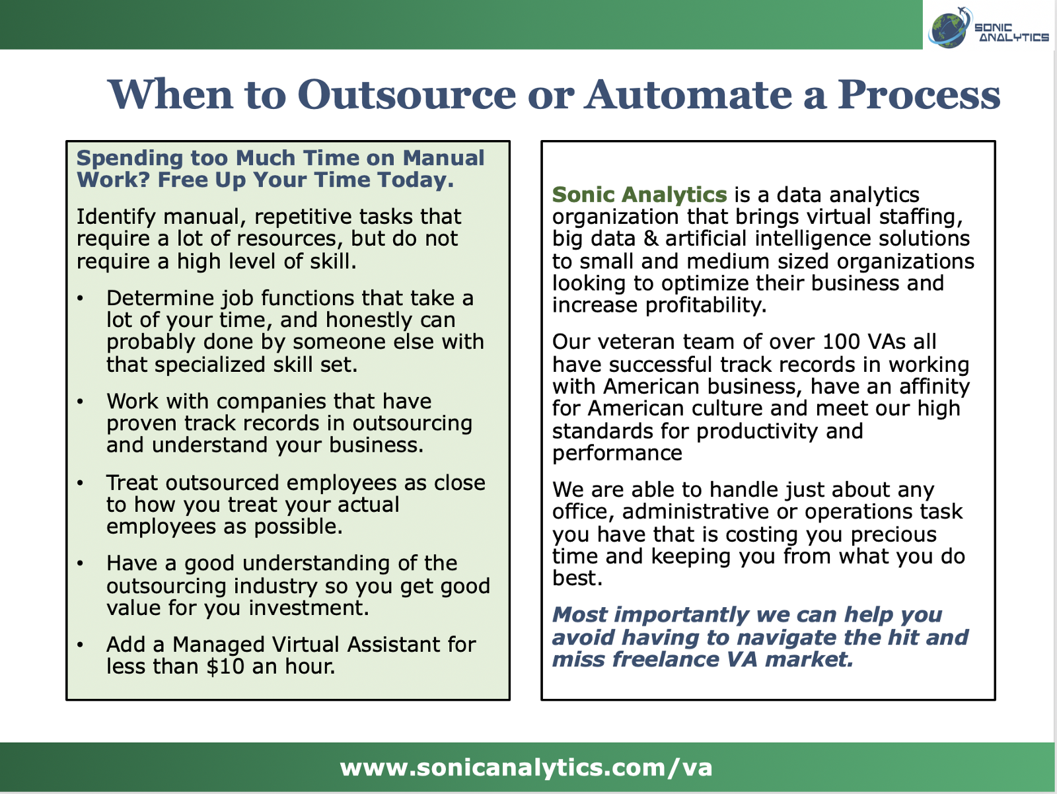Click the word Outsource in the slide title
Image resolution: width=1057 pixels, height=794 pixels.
click(x=407, y=94)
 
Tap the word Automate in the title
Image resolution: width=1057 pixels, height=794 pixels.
click(x=688, y=94)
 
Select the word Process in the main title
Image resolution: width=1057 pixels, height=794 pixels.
click(x=918, y=94)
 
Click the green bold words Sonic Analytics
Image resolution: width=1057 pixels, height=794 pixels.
click(x=639, y=195)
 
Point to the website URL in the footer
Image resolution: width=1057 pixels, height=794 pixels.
click(x=526, y=768)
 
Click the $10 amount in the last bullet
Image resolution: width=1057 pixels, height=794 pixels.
click(x=225, y=667)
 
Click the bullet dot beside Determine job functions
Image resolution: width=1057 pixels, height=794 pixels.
click(x=80, y=299)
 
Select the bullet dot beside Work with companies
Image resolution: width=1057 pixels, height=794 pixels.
click(x=80, y=402)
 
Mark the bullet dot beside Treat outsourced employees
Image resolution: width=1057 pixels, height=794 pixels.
click(x=80, y=483)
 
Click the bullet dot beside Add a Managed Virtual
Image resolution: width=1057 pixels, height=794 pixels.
click(x=80, y=645)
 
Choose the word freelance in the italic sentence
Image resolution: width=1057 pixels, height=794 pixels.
click(x=665, y=660)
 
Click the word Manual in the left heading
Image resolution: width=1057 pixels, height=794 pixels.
click(x=443, y=158)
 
